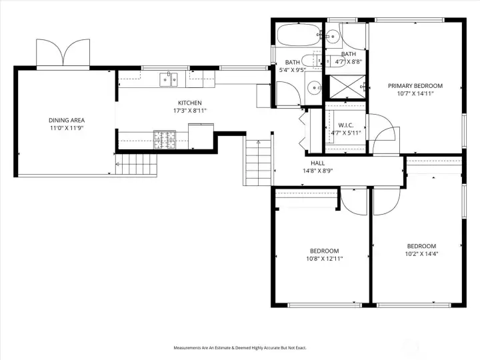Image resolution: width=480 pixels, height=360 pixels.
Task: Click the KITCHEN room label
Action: click(190, 103)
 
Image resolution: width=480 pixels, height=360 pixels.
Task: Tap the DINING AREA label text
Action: click(67, 120)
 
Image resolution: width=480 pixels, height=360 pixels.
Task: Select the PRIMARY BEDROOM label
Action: click(415, 86)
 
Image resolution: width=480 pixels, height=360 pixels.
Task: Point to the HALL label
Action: click(318, 163)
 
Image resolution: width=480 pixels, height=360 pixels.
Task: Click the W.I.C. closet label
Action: click(346, 125)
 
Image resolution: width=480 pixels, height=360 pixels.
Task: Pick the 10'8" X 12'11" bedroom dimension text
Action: click(325, 259)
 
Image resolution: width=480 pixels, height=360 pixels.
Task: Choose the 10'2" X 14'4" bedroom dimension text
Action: click(421, 254)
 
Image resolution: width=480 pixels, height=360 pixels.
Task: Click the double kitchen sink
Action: click(169, 79)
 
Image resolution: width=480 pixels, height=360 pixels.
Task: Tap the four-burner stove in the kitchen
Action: click(165, 139)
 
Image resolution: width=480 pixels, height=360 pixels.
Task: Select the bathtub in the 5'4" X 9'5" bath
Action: click(299, 35)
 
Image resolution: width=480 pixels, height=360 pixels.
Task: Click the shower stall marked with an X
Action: click(347, 87)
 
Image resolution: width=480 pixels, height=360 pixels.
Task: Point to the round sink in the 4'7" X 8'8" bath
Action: click(333, 37)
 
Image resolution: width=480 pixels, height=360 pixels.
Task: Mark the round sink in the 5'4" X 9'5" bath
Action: click(314, 87)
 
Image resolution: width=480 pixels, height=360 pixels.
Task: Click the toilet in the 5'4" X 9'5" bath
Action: click(311, 61)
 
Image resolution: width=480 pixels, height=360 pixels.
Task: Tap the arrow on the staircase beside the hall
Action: click(259, 163)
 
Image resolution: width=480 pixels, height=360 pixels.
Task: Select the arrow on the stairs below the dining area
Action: click(136, 165)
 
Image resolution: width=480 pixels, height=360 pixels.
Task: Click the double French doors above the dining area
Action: click(63, 52)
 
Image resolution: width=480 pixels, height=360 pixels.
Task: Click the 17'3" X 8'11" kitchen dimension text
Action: click(190, 111)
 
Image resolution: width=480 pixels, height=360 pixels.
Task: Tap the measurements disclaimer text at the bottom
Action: click(240, 348)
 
